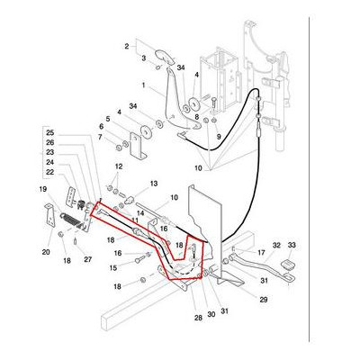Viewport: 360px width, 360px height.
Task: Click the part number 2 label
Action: pyautogui.click(x=127, y=44)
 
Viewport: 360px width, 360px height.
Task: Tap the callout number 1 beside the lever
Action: pyautogui.click(x=142, y=85)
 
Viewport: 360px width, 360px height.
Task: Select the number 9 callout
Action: pyautogui.click(x=217, y=135)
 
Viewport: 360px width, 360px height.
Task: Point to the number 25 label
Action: pyautogui.click(x=50, y=132)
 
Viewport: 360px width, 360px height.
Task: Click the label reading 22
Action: pyautogui.click(x=50, y=172)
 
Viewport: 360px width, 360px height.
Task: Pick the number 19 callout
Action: pyautogui.click(x=41, y=190)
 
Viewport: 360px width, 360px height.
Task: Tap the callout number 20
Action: pyautogui.click(x=46, y=252)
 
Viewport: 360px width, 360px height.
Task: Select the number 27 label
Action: pyautogui.click(x=88, y=259)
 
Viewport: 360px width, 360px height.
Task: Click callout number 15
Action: pyautogui.click(x=114, y=267)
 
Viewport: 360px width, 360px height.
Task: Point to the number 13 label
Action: pyautogui.click(x=153, y=183)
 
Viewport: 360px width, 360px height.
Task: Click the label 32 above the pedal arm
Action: pyautogui.click(x=276, y=245)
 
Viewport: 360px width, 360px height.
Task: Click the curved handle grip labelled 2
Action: pyautogui.click(x=161, y=56)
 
